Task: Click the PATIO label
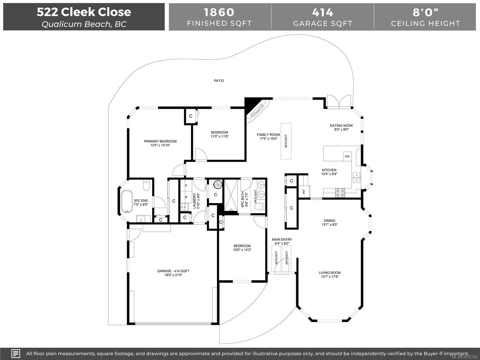pyautogui.click(x=219, y=81)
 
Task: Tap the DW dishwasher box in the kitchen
pyautogui.click(x=347, y=156)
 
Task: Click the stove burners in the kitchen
pyautogui.click(x=340, y=193)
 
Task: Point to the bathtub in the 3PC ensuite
pyautogui.click(x=127, y=201)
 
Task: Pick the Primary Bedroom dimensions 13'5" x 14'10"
pyautogui.click(x=160, y=145)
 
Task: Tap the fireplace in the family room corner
pyautogui.click(x=257, y=111)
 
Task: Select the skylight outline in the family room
pyautogui.click(x=286, y=141)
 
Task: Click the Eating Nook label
pyautogui.click(x=341, y=125)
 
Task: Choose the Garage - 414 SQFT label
pyautogui.click(x=173, y=271)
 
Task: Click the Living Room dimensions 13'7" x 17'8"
pyautogui.click(x=329, y=277)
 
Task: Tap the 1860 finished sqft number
pyautogui.click(x=219, y=12)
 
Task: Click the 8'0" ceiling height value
pyautogui.click(x=425, y=12)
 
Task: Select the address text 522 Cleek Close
pyautogui.click(x=84, y=12)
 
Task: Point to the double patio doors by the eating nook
pyautogui.click(x=339, y=102)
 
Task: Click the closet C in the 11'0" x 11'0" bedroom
pyautogui.click(x=191, y=116)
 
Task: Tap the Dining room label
pyautogui.click(x=329, y=220)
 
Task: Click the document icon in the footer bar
pyautogui.click(x=16, y=353)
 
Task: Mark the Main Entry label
pyautogui.click(x=282, y=239)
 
